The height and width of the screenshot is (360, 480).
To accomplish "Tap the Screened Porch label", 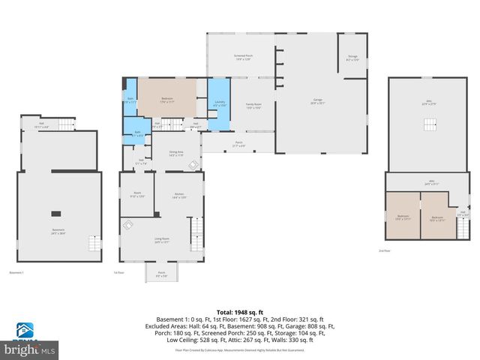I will [242, 56].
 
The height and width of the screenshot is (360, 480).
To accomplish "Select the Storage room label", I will [352, 57].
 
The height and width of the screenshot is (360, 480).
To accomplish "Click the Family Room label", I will [253, 106].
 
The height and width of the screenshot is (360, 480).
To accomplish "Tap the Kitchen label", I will [179, 196].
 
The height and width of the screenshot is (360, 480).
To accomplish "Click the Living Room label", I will [162, 241].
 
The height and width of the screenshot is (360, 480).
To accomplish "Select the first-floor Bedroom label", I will [167, 100].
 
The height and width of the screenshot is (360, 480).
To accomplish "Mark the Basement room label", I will [58, 231].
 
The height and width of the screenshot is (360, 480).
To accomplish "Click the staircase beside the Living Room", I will [197, 228].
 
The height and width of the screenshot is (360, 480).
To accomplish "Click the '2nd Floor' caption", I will [385, 250].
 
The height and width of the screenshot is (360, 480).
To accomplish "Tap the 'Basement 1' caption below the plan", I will [17, 272].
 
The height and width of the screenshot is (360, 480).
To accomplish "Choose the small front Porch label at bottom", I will [161, 274].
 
